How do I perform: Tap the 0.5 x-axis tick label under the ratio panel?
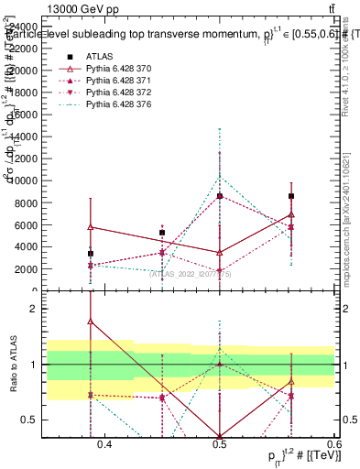[x=220, y=445]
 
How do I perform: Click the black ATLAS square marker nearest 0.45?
[x=162, y=233]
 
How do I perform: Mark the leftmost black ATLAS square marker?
[x=91, y=254]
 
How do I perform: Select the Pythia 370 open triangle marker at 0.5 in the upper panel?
[x=220, y=252]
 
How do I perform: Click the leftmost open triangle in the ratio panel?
[x=91, y=322]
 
